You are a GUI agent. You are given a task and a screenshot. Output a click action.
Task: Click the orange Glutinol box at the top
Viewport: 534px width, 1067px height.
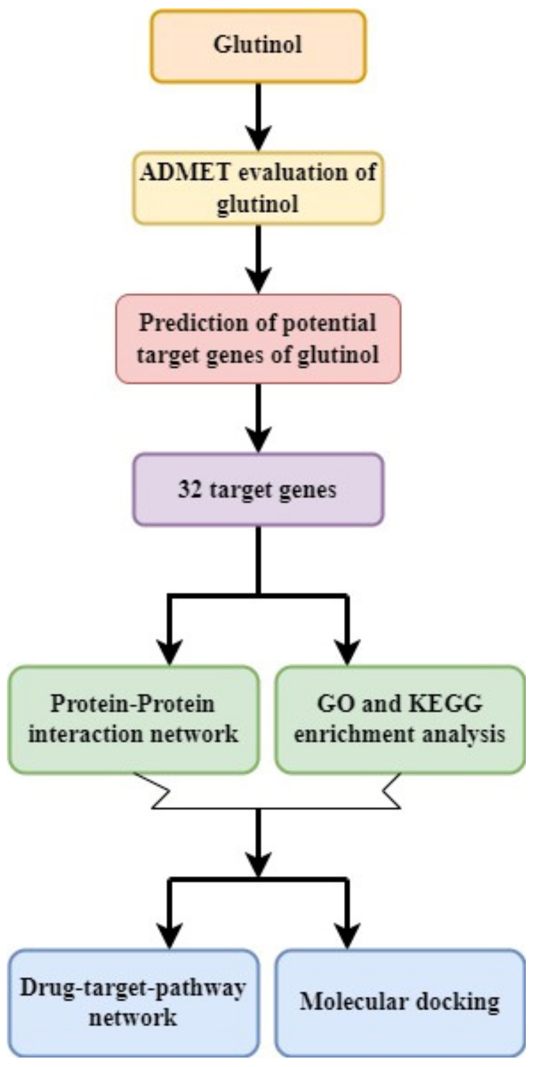pyautogui.click(x=258, y=46)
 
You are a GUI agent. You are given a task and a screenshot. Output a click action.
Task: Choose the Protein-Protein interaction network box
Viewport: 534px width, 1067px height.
pyautogui.click(x=133, y=719)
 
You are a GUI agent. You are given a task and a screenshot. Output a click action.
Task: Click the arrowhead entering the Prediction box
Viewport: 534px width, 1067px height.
pyautogui.click(x=259, y=281)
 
